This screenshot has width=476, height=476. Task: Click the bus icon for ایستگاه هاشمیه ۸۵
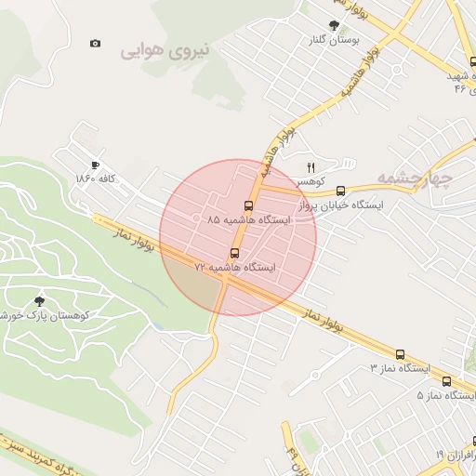coord(248,205)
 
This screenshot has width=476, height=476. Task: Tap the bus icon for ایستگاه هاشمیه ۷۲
coord(234,252)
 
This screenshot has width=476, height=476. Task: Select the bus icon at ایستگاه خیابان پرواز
coord(341,191)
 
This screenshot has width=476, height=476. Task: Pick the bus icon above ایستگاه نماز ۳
coord(400,354)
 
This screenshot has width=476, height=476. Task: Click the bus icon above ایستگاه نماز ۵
coord(446,380)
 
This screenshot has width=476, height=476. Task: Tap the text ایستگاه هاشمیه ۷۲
coord(234,267)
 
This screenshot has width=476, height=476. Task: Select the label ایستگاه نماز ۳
coord(402,369)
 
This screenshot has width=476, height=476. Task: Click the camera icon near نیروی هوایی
coord(95,44)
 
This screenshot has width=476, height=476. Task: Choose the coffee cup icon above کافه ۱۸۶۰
coord(95,164)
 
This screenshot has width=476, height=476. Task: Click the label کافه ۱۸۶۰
coord(97,178)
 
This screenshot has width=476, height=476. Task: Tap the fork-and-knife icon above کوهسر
coord(311,167)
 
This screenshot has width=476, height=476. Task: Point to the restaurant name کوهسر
coord(311,181)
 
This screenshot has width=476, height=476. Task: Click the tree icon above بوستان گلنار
coord(333,25)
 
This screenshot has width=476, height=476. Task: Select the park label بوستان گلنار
coord(332,40)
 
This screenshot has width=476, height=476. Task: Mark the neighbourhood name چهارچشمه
coord(415,177)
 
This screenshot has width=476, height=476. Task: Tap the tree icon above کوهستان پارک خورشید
coord(38,299)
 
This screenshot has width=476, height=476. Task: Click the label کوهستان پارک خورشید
coord(42,315)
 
